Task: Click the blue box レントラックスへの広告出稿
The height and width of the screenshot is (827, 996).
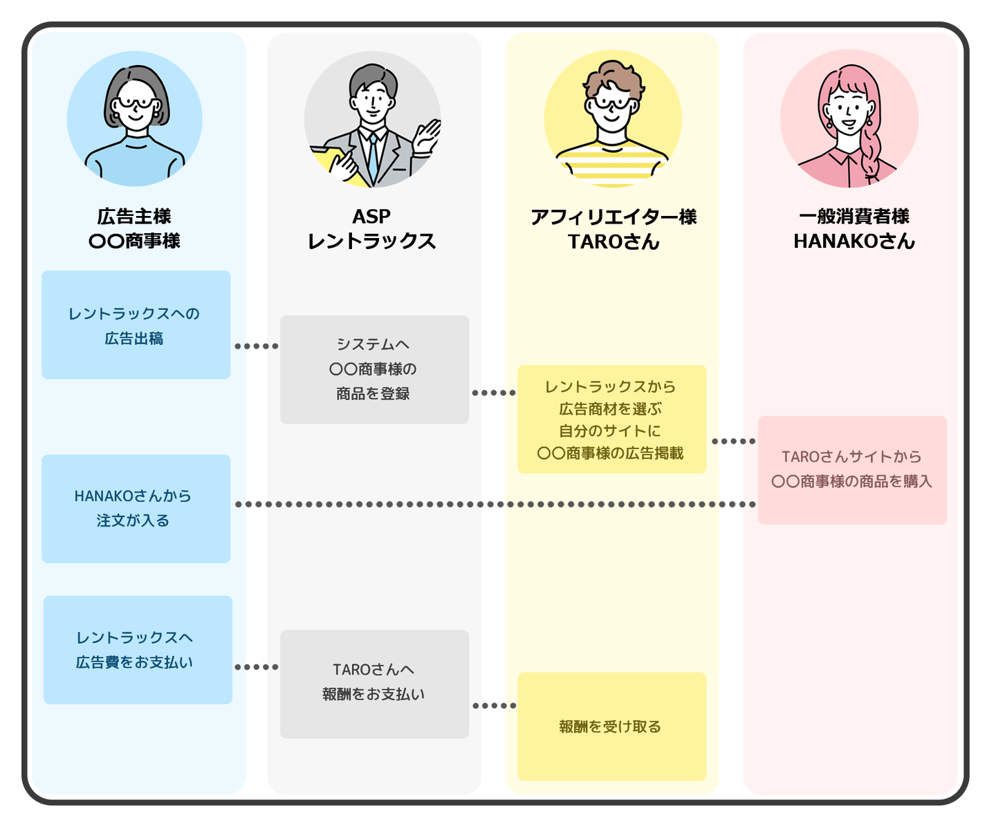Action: [x=136, y=325]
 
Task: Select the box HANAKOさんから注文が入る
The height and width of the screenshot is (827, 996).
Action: [x=136, y=509]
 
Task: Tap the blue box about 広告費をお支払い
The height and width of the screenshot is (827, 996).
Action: [x=138, y=650]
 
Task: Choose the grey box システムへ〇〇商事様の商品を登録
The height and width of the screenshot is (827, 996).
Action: [x=374, y=370]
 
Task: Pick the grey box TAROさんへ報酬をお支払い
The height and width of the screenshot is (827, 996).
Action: [x=374, y=684]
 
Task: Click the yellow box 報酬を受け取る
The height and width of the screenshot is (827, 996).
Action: [x=611, y=726]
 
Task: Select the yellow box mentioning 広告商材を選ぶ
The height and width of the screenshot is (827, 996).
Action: [x=611, y=419]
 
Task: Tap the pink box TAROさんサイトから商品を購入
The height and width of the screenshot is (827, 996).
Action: [x=852, y=470]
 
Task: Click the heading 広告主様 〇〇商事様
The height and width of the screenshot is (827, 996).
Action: [x=134, y=228]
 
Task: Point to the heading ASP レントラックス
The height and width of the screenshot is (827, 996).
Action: [x=372, y=228]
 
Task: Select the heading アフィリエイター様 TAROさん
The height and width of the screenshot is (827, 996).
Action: [x=614, y=229]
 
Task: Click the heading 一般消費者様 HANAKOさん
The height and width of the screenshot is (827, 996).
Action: [x=854, y=228]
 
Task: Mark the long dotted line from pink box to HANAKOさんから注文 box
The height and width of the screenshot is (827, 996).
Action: [x=495, y=505]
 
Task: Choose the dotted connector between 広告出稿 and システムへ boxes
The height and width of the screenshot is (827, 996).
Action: [x=256, y=346]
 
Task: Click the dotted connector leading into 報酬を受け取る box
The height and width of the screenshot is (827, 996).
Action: [x=494, y=706]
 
